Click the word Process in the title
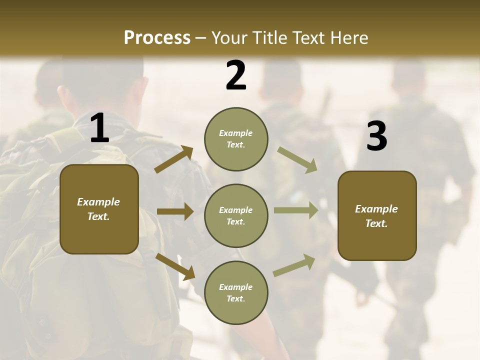(157, 38)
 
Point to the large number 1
(99, 129)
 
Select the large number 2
(236, 75)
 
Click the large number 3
(376, 136)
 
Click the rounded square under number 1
(99, 209)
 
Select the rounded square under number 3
(377, 215)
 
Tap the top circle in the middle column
(236, 139)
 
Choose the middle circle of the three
(236, 215)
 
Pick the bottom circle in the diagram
(236, 292)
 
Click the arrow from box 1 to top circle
(174, 159)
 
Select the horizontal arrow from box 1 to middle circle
(175, 211)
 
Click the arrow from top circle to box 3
(297, 159)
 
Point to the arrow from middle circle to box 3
(295, 210)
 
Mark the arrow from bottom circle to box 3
(294, 265)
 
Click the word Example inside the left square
(98, 202)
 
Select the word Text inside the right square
(376, 223)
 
